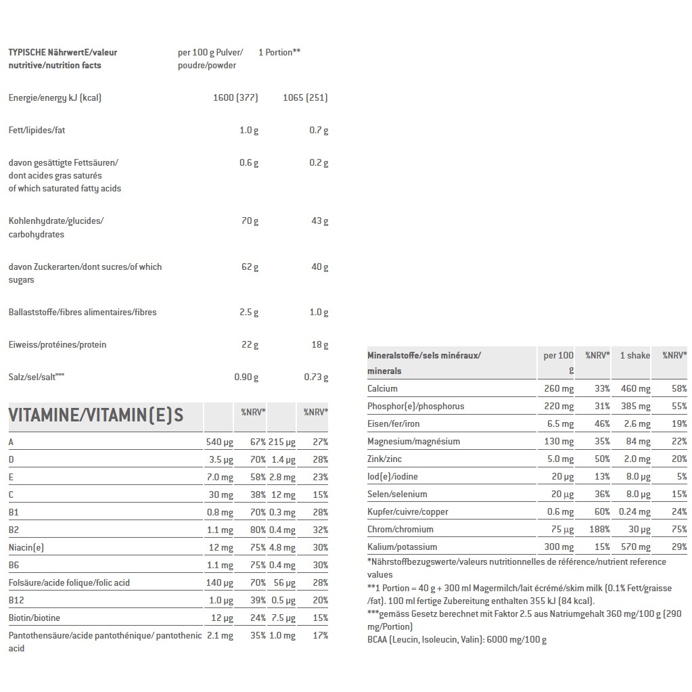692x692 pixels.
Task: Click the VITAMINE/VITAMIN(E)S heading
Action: click(96, 415)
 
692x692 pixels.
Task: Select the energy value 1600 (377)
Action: click(235, 97)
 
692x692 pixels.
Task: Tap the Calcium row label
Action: click(382, 388)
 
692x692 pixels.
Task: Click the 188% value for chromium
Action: click(597, 529)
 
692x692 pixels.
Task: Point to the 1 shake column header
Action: click(635, 355)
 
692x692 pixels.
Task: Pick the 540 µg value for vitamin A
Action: click(219, 442)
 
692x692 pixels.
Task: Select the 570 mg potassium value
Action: click(635, 547)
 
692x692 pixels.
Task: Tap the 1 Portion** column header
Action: click(279, 52)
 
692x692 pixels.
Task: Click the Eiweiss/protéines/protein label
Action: click(57, 344)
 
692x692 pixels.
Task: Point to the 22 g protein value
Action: click(250, 344)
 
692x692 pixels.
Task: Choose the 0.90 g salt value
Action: click(246, 377)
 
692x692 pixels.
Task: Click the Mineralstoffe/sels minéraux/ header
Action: click(424, 355)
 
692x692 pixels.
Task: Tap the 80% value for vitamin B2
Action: click(257, 530)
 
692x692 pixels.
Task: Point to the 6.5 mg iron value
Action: click(559, 423)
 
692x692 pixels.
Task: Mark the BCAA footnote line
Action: click(457, 639)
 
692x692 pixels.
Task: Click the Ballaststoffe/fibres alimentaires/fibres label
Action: click(83, 312)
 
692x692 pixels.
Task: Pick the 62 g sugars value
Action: click(250, 267)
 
